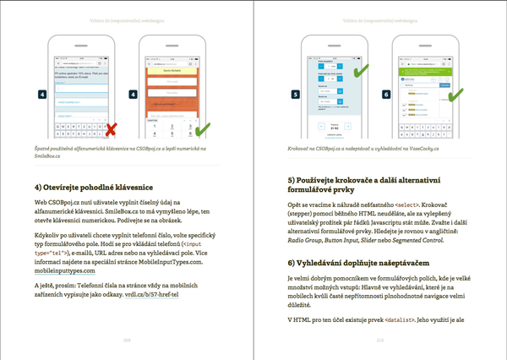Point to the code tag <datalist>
pyautogui.click(x=391, y=320)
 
